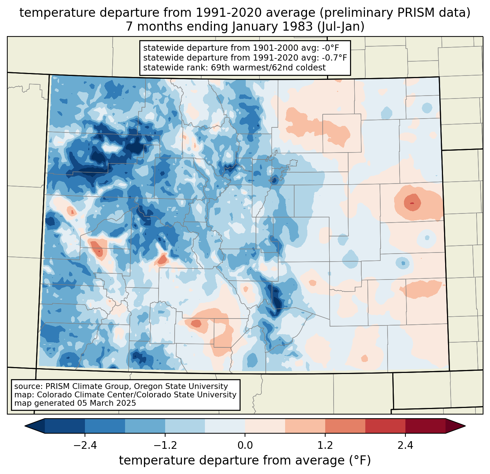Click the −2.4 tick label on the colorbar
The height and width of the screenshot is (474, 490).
click(85, 446)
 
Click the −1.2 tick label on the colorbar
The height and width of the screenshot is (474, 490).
click(165, 446)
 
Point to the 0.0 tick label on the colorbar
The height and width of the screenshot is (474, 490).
click(245, 446)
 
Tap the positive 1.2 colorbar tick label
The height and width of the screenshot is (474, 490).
click(325, 446)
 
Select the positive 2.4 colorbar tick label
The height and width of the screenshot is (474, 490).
click(405, 446)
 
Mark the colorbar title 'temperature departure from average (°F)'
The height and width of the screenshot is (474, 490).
click(245, 460)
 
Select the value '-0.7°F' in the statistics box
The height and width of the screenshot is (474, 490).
click(334, 58)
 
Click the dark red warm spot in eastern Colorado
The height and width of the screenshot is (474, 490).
click(412, 203)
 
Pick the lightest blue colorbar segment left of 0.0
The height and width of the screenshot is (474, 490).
click(225, 426)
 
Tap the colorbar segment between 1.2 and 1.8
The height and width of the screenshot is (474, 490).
click(345, 426)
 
